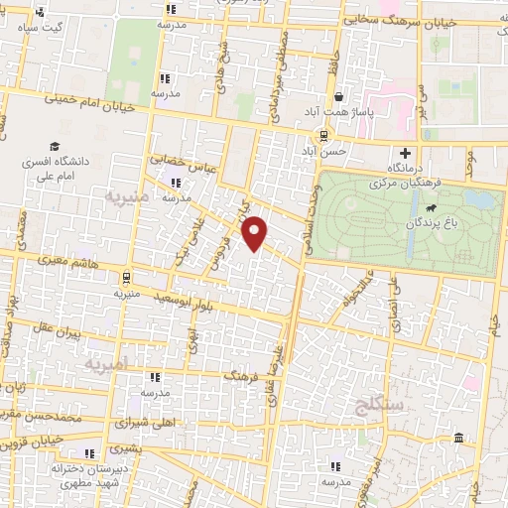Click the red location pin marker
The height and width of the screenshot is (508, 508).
tap(256, 232)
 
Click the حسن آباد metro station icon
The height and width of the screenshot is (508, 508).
tap(323, 136)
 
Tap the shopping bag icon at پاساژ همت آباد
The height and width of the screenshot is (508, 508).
tap(340, 97)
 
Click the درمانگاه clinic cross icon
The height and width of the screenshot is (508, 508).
tap(405, 154)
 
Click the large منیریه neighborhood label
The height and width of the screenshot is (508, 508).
tap(127, 197)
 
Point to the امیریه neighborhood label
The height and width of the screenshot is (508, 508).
tap(107, 365)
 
